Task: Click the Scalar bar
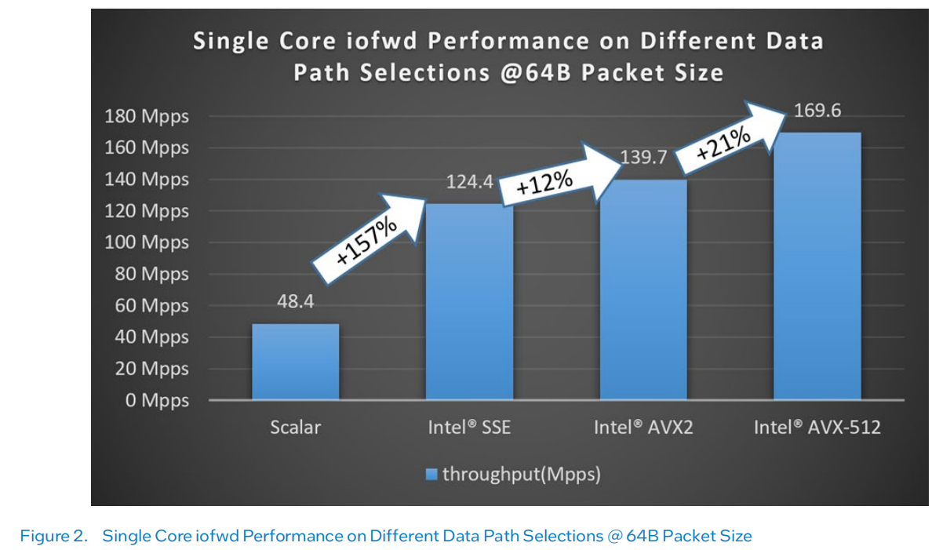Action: point(295,361)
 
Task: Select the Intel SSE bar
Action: point(469,301)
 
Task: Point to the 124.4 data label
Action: point(469,183)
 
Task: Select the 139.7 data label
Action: point(643,158)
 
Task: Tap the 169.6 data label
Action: point(817,111)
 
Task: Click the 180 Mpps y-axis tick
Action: point(147,117)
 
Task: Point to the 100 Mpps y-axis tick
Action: point(147,242)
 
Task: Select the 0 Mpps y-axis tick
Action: point(157,400)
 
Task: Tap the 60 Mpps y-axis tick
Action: point(151,306)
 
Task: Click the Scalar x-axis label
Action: point(295,428)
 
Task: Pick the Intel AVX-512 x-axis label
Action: point(817,428)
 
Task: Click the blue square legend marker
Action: point(431,474)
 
